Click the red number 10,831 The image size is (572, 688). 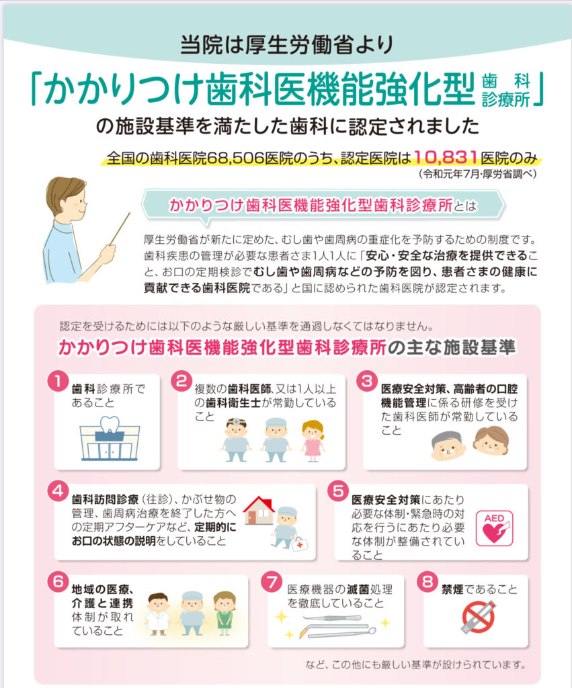[446, 159]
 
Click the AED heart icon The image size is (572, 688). [494, 527]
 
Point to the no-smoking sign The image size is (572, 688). [479, 617]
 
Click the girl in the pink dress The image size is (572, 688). [313, 440]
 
